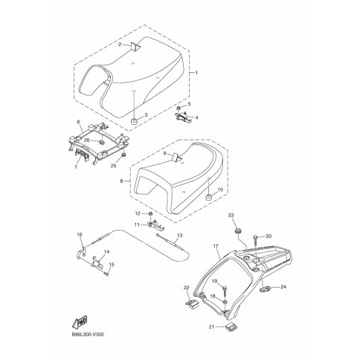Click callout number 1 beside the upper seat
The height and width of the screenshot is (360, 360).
pyautogui.click(x=196, y=73)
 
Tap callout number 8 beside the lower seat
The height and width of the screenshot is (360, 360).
pyautogui.click(x=121, y=181)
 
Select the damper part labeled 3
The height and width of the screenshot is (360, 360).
pyautogui.click(x=135, y=122)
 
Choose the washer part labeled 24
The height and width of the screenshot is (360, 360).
pyautogui.click(x=263, y=289)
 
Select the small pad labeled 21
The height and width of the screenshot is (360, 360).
pyautogui.click(x=231, y=327)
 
